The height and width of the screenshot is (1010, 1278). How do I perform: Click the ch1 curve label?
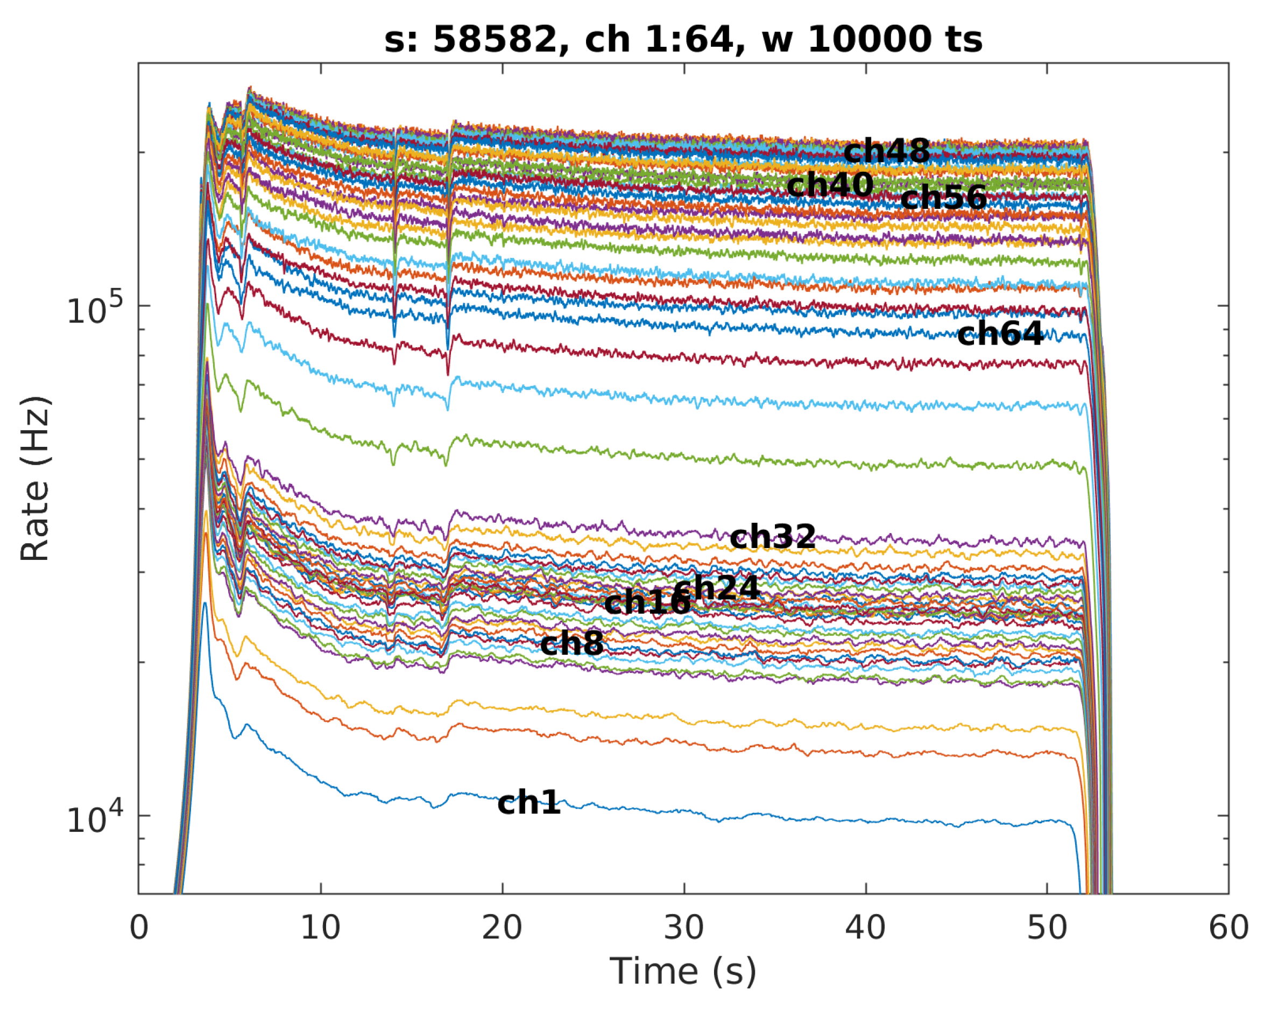pos(528,803)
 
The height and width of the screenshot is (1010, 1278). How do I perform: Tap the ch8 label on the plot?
pos(571,643)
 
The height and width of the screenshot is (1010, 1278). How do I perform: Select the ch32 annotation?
pos(772,537)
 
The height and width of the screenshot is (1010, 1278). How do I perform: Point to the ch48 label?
pos(886,151)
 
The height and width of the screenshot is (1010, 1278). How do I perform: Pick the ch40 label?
pos(829,185)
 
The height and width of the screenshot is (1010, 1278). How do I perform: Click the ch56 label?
pos(943,198)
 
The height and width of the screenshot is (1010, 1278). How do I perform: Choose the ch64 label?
pos(1000,334)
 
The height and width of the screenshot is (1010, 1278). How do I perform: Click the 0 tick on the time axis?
pos(139,927)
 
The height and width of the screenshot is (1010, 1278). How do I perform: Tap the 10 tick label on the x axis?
pos(320,927)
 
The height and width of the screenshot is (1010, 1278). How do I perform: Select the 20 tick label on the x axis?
pos(502,927)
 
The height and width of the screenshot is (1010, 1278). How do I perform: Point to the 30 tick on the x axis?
pos(684,927)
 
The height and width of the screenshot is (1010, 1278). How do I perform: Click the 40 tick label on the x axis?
pos(865,927)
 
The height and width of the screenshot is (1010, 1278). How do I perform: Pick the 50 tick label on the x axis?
pos(1047,927)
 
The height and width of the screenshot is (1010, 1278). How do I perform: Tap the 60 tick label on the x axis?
pos(1228,927)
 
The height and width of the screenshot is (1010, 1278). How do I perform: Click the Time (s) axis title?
pos(683,972)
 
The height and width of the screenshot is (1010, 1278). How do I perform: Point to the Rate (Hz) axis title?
pos(36,479)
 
